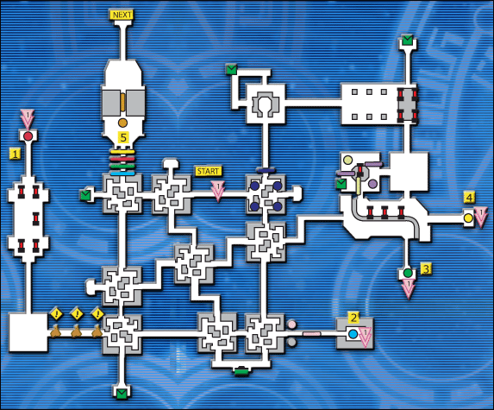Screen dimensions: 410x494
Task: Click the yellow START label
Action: [209, 171]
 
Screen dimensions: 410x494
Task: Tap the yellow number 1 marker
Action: [15, 153]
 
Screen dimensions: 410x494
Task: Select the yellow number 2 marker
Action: [353, 318]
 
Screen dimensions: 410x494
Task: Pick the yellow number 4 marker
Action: [469, 198]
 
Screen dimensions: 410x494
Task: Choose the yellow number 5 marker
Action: [122, 136]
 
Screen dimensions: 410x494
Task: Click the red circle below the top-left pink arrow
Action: [28, 136]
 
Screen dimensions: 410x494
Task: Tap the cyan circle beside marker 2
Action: [353, 332]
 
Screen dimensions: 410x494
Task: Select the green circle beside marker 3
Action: [409, 274]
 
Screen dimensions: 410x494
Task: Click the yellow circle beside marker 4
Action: [469, 218]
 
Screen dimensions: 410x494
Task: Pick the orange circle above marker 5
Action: [122, 123]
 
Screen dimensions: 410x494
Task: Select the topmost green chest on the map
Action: [406, 39]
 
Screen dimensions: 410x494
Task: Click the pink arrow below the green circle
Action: [409, 289]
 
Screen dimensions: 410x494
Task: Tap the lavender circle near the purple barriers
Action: [372, 184]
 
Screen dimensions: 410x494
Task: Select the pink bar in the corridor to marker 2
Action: [312, 333]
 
